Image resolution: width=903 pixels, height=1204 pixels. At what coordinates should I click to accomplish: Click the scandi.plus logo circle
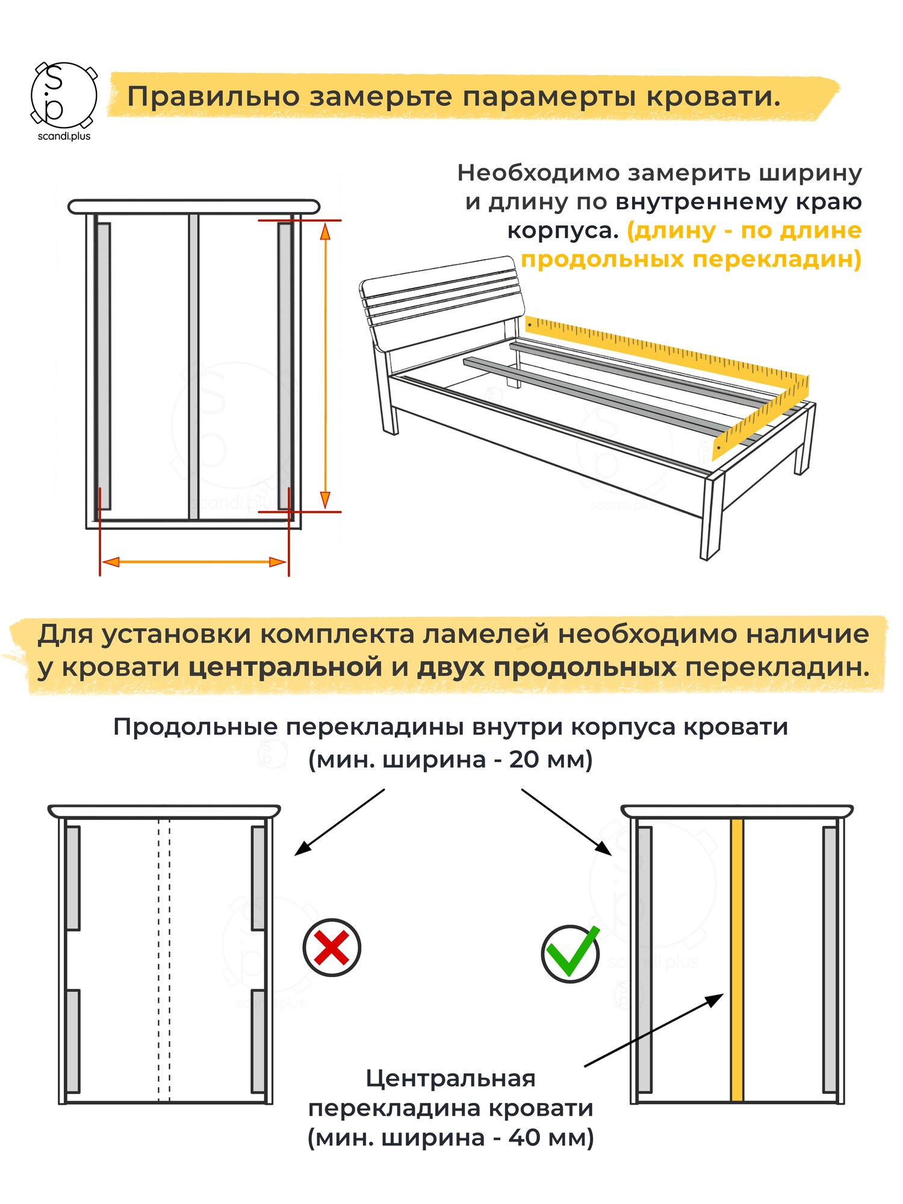(63, 95)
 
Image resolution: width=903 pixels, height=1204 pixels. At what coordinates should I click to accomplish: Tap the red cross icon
(332, 947)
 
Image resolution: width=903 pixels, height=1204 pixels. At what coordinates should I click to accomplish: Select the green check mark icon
(570, 953)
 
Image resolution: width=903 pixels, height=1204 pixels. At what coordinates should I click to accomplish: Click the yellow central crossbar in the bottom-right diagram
(737, 963)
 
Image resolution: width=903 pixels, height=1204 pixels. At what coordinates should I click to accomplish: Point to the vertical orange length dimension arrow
(325, 366)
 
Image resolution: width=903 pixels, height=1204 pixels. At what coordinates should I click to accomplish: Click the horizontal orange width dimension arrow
(194, 562)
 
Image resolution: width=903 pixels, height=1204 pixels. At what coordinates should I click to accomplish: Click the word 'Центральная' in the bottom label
(450, 1078)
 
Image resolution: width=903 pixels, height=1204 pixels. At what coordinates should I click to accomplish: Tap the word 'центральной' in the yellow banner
(285, 668)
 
